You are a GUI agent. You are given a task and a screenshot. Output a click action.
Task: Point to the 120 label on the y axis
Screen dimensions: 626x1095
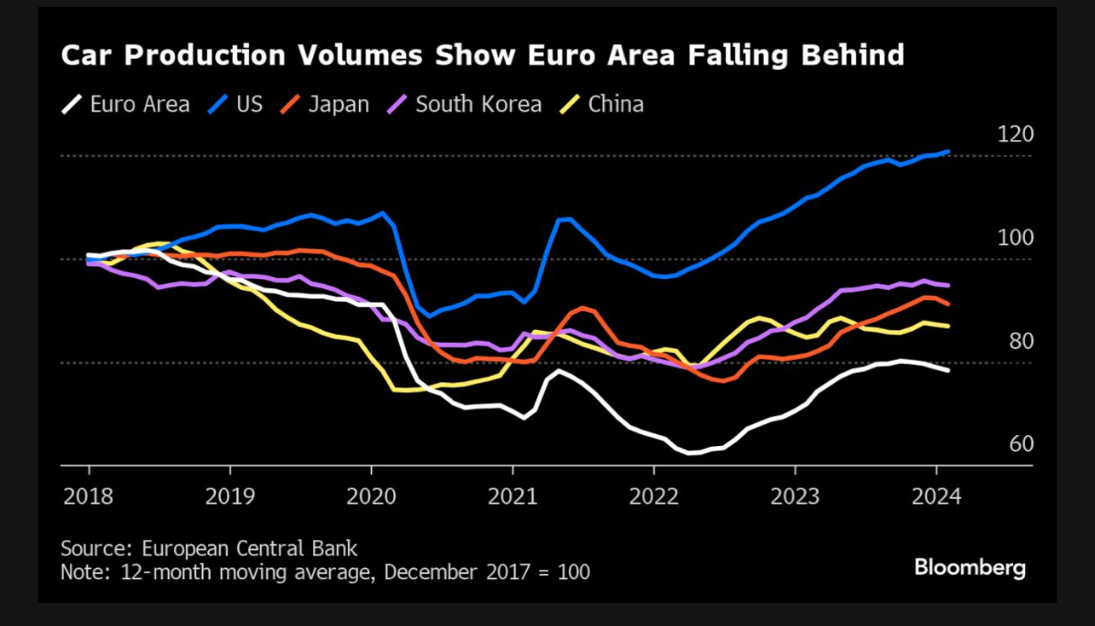coord(1015,134)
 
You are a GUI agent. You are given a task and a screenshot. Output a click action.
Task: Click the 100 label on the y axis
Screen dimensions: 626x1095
coord(1015,237)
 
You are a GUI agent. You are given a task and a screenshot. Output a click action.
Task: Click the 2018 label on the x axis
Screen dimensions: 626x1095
coord(88,496)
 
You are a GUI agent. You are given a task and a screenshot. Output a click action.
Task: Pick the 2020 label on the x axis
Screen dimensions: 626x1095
coord(371,496)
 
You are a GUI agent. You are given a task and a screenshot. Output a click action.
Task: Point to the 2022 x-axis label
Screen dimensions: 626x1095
coord(653,496)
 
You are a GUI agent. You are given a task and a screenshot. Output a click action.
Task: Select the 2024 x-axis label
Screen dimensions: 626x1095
coord(936,496)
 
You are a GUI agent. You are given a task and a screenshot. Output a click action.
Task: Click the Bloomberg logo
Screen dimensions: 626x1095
coord(970,567)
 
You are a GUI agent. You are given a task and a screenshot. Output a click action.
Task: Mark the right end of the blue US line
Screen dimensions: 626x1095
coord(948,152)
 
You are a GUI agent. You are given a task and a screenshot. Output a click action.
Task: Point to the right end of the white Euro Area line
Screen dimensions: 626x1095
coord(948,370)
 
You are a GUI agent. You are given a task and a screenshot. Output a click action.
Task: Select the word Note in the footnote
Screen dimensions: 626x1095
coord(81,571)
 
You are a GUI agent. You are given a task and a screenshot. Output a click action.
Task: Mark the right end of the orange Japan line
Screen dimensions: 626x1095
coord(948,304)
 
